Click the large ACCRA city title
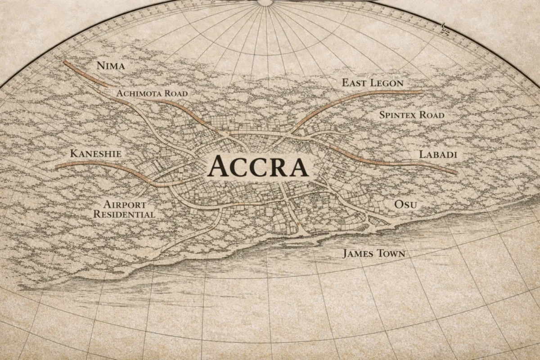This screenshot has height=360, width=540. click(x=258, y=166)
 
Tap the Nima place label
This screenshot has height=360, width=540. click(x=111, y=66)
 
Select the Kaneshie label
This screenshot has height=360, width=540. click(x=96, y=154)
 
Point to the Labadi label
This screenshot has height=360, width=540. click(x=438, y=154)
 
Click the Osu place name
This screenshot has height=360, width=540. click(x=405, y=205)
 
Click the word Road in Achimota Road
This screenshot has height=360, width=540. click(x=175, y=93)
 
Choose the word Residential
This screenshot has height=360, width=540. click(x=124, y=214)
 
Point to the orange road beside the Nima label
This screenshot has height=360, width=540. click(x=85, y=74)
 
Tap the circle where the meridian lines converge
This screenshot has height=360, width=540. click(x=265, y=2)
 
